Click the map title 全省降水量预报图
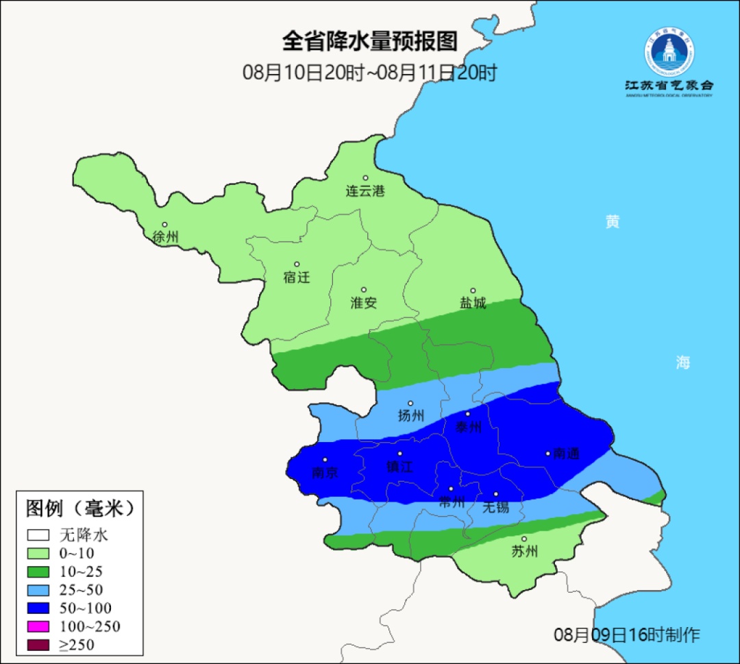(369, 41)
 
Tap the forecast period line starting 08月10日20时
(369, 73)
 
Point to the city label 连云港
(365, 191)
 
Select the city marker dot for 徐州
(164, 224)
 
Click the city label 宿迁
(297, 278)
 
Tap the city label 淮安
(364, 303)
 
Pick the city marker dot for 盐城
(472, 291)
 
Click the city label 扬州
(411, 416)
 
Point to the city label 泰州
(469, 428)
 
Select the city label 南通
(567, 454)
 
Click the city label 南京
(325, 473)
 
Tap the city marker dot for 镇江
(400, 454)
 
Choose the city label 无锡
(496, 507)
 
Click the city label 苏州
(525, 552)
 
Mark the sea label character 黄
(613, 221)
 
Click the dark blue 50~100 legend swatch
(39, 608)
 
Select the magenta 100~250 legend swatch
(39, 626)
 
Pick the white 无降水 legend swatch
(39, 534)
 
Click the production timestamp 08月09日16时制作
(627, 635)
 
